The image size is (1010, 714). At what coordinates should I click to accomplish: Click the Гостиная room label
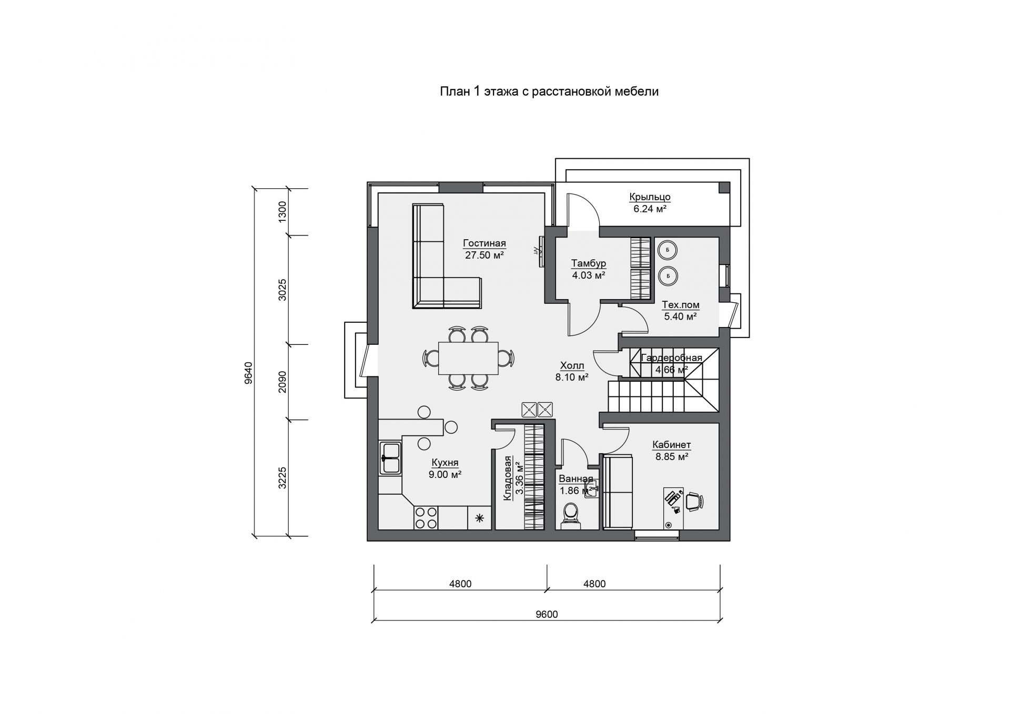pos(484,243)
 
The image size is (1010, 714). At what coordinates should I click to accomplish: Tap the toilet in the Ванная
pos(570,515)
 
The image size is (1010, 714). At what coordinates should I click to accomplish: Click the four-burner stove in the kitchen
pos(426,517)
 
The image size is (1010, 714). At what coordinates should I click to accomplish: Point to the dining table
pos(468,358)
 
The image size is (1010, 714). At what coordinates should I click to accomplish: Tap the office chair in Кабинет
pos(693,501)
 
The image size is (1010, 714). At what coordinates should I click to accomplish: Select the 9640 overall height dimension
pos(248,372)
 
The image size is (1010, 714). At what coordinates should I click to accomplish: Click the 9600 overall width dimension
pos(548,614)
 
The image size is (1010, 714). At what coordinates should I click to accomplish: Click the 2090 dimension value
pos(282,382)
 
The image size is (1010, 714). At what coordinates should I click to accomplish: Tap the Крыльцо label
pos(650,197)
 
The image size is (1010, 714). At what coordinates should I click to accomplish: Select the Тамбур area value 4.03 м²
pos(589,275)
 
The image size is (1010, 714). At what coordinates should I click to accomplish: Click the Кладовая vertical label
pos(508,478)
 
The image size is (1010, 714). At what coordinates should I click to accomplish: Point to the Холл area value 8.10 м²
pos(572,377)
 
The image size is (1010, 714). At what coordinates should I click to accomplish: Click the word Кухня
pos(445,463)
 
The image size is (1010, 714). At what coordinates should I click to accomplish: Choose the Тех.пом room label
pos(681,305)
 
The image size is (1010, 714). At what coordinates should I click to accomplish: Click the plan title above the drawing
pos(549,91)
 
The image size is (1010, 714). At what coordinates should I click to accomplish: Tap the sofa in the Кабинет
pos(618,491)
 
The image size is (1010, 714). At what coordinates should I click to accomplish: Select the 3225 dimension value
pos(282,478)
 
